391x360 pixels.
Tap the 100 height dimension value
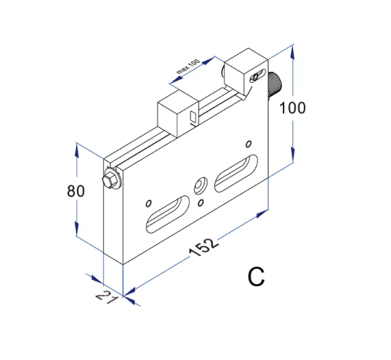click(x=292, y=107)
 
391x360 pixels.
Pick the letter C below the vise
click(x=256, y=277)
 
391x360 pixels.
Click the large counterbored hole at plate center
click(x=201, y=185)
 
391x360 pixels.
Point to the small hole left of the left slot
click(x=147, y=203)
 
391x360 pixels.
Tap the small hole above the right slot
click(x=248, y=144)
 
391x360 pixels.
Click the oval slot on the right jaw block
click(x=257, y=76)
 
